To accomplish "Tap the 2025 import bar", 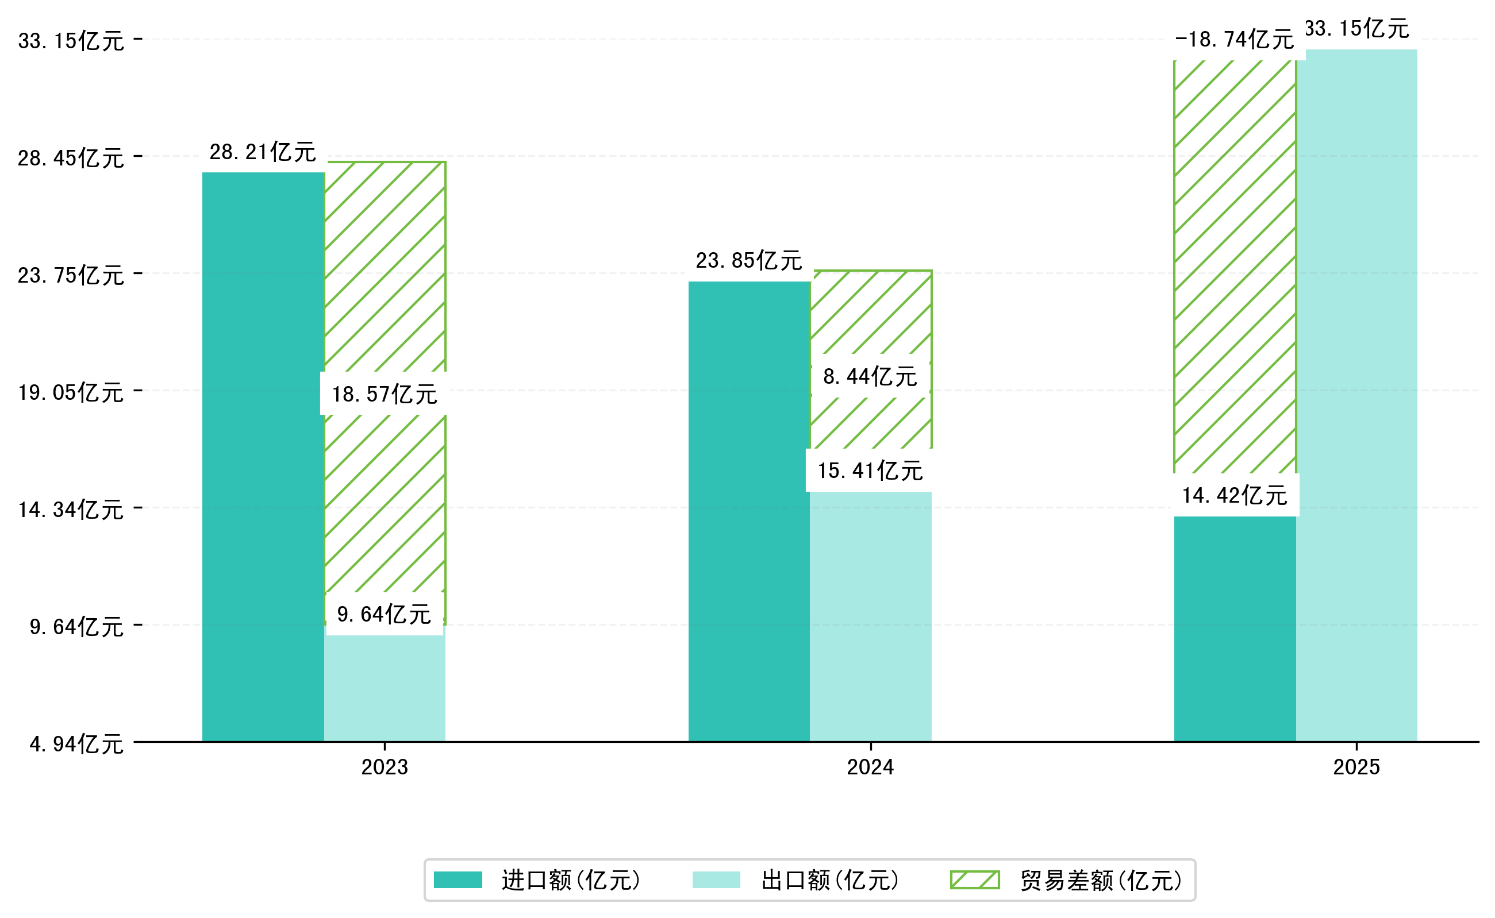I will point(1235,628).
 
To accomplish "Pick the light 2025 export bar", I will point(1356,395).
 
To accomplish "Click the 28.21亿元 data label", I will point(263,152).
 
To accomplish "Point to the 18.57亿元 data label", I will point(384,394).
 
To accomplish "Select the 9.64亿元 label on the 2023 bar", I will point(384,614).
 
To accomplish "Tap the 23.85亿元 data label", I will point(748,260).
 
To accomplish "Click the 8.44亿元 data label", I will point(870,376).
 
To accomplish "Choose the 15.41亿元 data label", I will point(870,470).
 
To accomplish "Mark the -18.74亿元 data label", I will point(1235,40).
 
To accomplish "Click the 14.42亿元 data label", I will point(1235,495).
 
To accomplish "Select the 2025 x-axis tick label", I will point(1356,767).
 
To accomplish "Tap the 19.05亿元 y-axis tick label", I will point(71,392).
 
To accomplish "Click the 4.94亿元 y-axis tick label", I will point(76,744).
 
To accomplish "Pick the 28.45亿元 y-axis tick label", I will point(71,158).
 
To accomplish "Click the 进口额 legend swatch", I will point(458,880).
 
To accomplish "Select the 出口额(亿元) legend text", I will point(830,880).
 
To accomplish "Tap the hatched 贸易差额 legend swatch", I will point(974,880).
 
